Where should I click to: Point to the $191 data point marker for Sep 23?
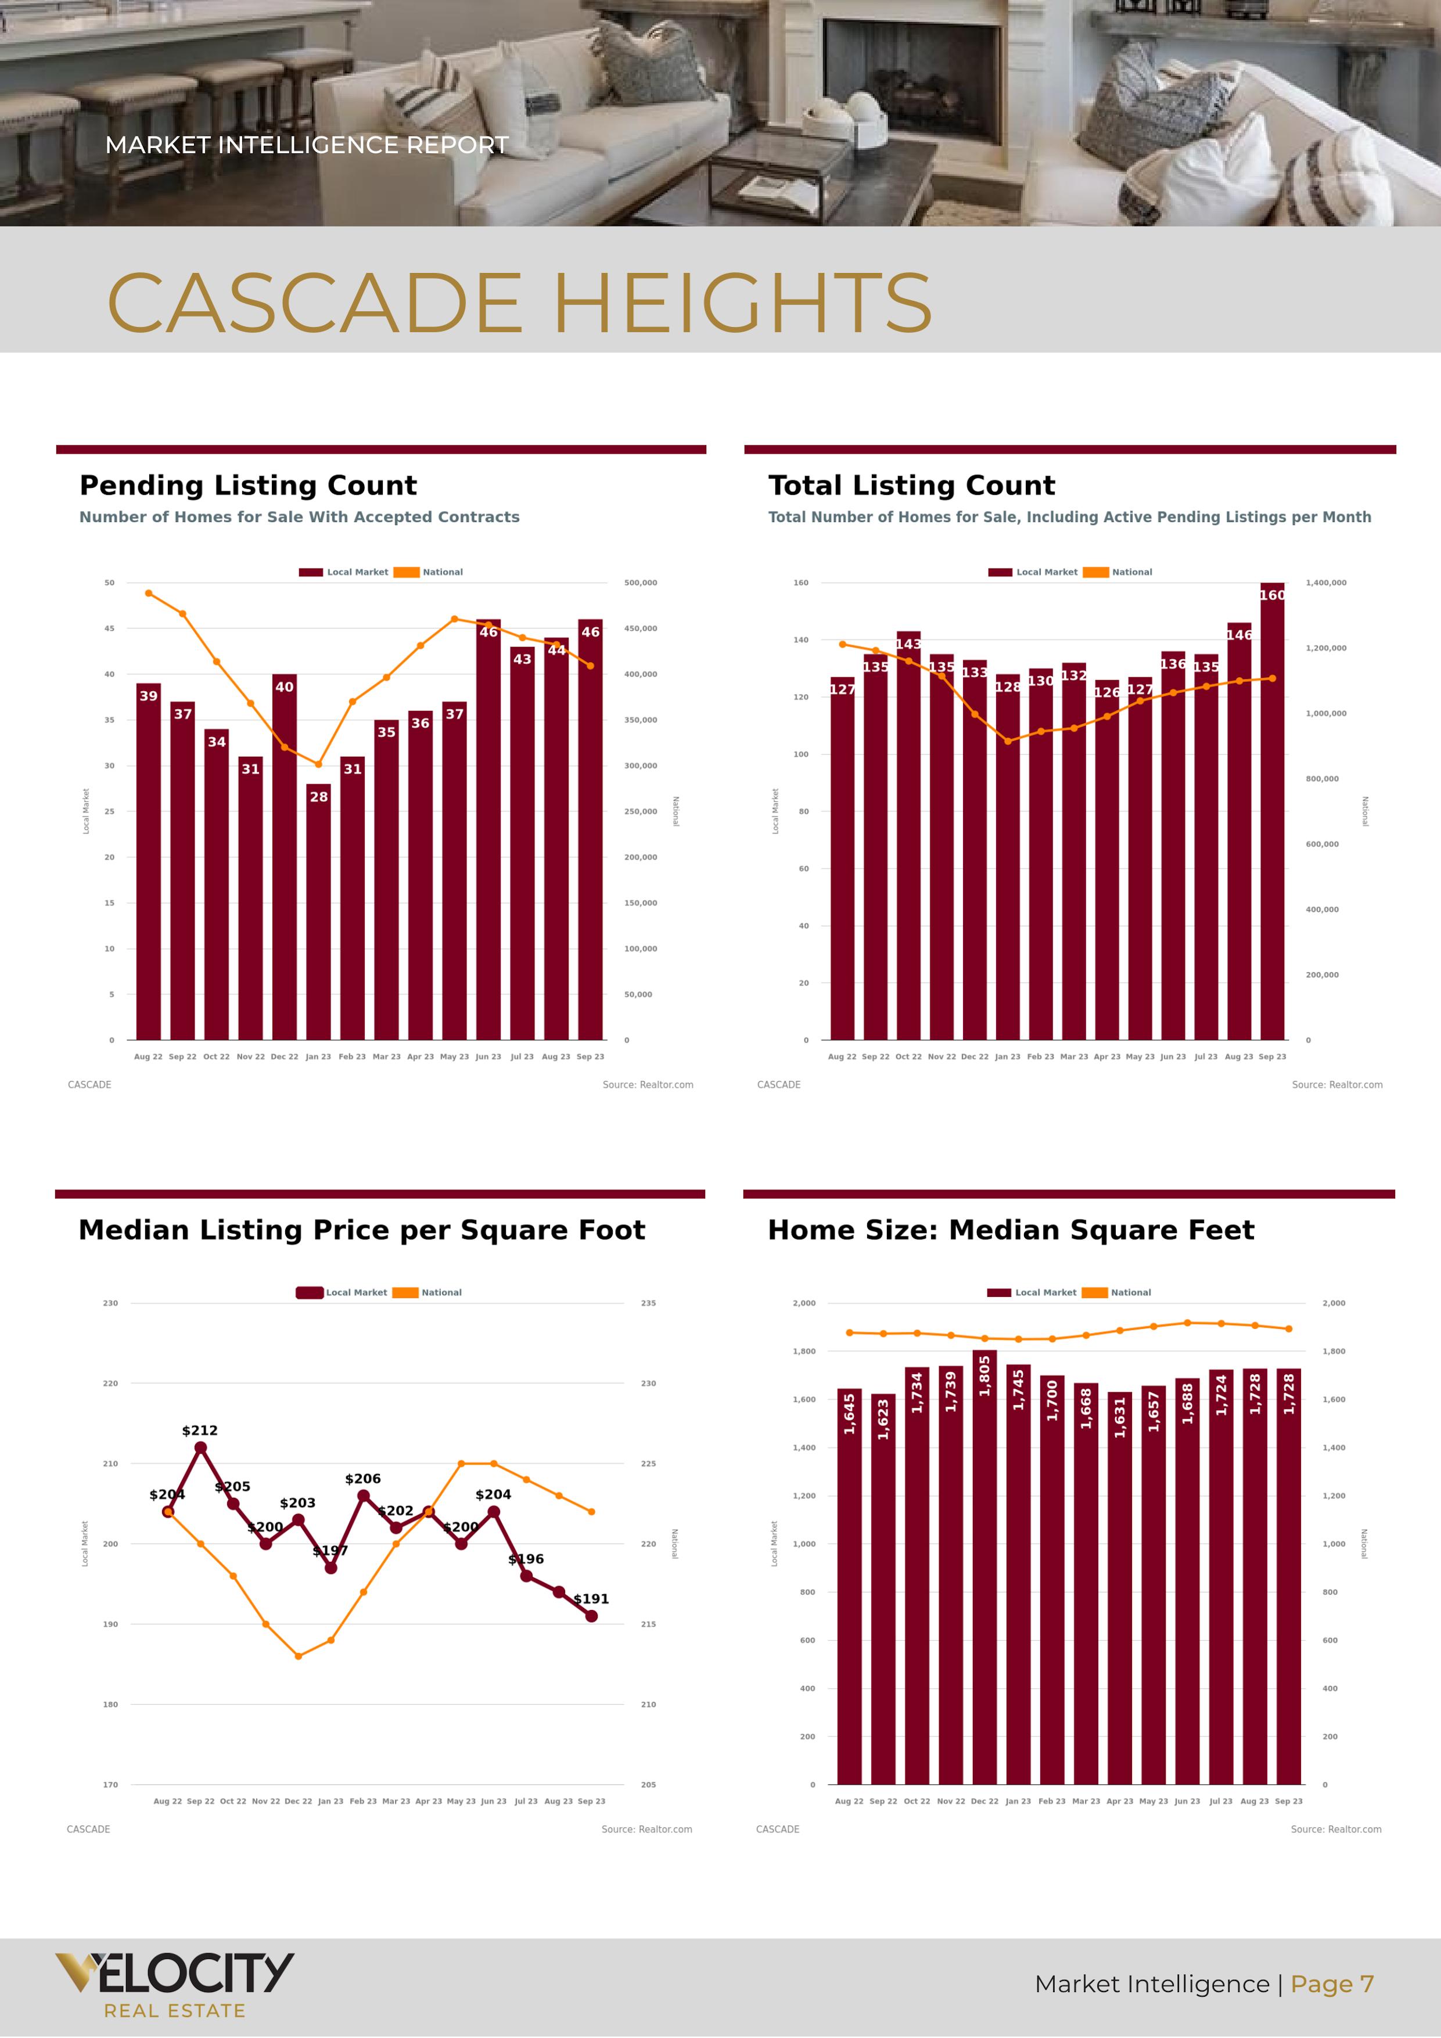tap(591, 1616)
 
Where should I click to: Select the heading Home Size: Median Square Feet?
tap(1011, 1230)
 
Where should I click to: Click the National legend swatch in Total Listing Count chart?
tap(1095, 573)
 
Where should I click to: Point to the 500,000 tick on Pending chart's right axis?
tap(640, 583)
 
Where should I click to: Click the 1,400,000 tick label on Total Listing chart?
tap(1325, 583)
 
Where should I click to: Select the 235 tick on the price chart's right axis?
tap(648, 1303)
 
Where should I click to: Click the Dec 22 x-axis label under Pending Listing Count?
tap(284, 1056)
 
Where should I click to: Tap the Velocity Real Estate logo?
tap(174, 1984)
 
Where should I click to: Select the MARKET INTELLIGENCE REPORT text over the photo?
tap(306, 145)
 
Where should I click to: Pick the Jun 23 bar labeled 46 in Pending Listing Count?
tap(488, 830)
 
